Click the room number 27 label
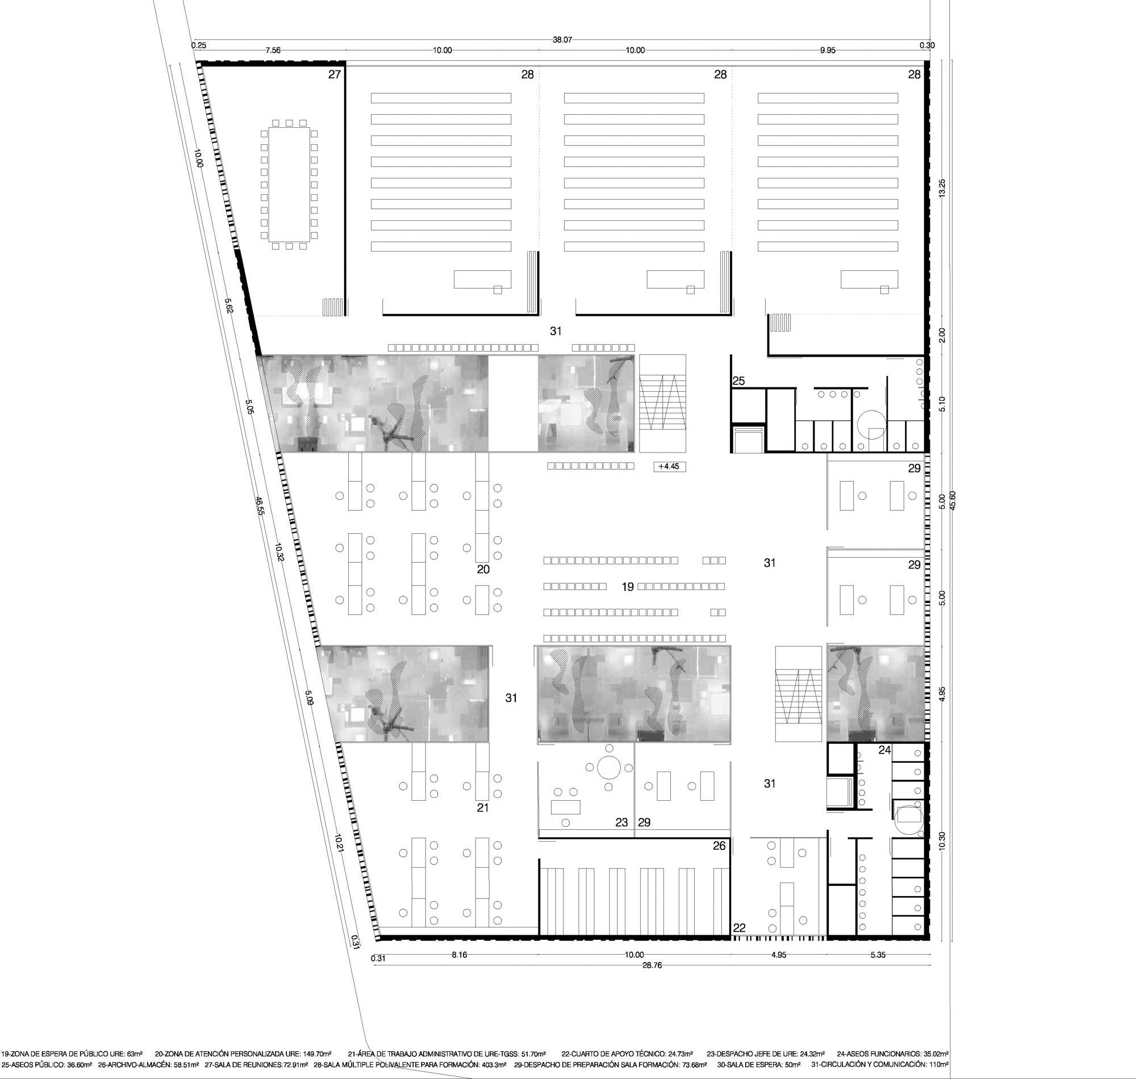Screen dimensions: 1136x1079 pyautogui.click(x=334, y=74)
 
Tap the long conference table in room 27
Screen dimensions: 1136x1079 pyautogui.click(x=289, y=185)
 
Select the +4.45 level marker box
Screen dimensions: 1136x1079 pyautogui.click(x=670, y=466)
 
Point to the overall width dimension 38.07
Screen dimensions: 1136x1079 pyautogui.click(x=562, y=40)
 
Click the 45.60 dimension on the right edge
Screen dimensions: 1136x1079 pyautogui.click(x=953, y=500)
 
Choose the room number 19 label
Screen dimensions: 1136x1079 pyautogui.click(x=628, y=587)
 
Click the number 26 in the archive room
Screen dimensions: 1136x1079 pyautogui.click(x=719, y=846)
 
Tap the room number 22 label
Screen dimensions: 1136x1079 pyautogui.click(x=739, y=928)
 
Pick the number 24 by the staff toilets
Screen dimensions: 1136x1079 pyautogui.click(x=884, y=750)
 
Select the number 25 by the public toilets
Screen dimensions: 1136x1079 pyautogui.click(x=738, y=380)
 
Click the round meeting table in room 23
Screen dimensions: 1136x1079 pyautogui.click(x=608, y=767)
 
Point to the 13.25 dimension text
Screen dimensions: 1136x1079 pyautogui.click(x=942, y=188)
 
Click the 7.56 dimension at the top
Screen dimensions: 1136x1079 pyautogui.click(x=273, y=50)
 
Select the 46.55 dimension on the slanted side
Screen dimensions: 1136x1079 pyautogui.click(x=260, y=505)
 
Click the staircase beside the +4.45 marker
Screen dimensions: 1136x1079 pyautogui.click(x=663, y=403)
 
